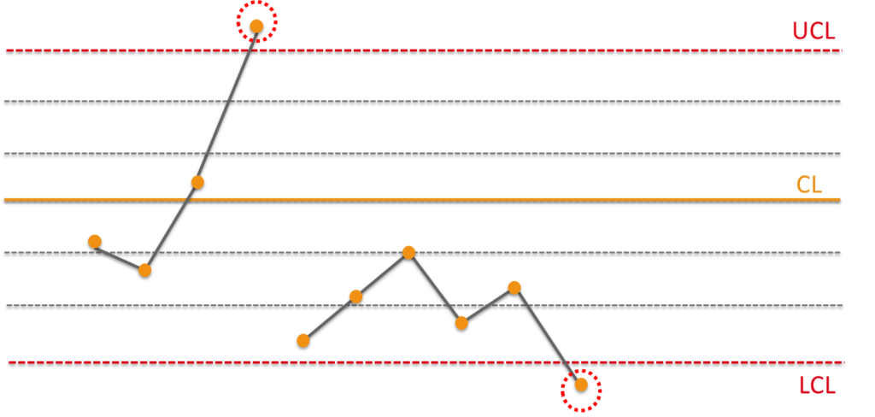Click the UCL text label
[814, 32]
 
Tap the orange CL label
[809, 185]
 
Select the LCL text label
[818, 385]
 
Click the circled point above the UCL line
[256, 26]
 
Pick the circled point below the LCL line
[581, 385]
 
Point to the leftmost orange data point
[95, 241]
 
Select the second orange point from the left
[144, 270]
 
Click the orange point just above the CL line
[197, 182]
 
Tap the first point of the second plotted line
[303, 341]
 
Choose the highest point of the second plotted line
[408, 252]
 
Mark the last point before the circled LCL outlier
[514, 287]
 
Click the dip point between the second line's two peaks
[461, 323]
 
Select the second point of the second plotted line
[355, 297]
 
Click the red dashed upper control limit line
[424, 50]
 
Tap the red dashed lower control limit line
[426, 363]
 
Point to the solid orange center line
[422, 199]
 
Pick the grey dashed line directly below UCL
[422, 101]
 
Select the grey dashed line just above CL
[422, 154]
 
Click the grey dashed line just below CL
[422, 253]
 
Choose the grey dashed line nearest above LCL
[424, 305]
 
